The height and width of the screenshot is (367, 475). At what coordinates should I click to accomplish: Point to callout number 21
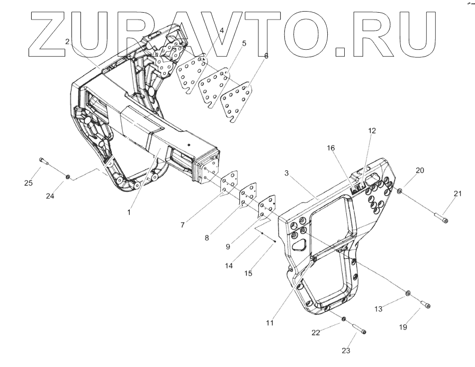(457, 194)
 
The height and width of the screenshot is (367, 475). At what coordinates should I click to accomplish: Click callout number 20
(420, 170)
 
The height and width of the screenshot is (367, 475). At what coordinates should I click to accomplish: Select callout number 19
(403, 327)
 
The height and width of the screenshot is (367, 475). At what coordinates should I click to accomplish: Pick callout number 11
(271, 323)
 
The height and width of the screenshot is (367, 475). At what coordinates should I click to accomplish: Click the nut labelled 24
(68, 176)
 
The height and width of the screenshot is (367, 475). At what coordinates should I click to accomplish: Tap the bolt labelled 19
(425, 305)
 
